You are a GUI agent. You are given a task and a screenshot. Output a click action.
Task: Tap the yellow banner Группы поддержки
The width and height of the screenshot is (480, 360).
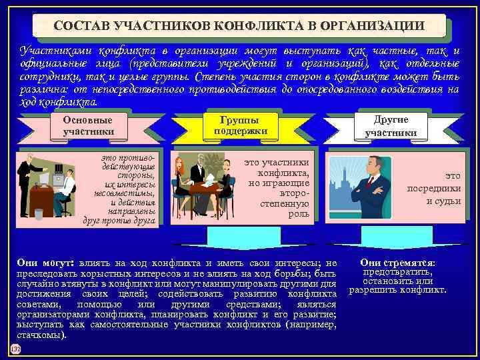(x=241, y=125)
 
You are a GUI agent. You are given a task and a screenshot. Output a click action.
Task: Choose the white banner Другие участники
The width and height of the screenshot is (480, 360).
(x=391, y=125)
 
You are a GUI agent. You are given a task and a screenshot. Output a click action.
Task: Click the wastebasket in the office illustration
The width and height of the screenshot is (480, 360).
(x=39, y=213)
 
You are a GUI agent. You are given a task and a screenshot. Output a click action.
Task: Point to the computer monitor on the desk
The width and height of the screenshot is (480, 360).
(x=45, y=179)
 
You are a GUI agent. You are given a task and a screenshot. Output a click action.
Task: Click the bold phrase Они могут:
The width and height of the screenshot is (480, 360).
(x=44, y=264)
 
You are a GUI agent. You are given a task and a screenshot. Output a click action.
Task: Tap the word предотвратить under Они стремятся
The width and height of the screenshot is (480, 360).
(x=398, y=272)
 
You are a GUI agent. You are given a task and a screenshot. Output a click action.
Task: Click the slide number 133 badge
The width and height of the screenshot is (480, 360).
(x=15, y=350)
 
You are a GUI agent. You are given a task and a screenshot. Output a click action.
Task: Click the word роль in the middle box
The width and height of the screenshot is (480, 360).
(x=298, y=214)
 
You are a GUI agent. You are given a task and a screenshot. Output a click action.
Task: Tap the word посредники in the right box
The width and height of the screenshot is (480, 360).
(x=434, y=187)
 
